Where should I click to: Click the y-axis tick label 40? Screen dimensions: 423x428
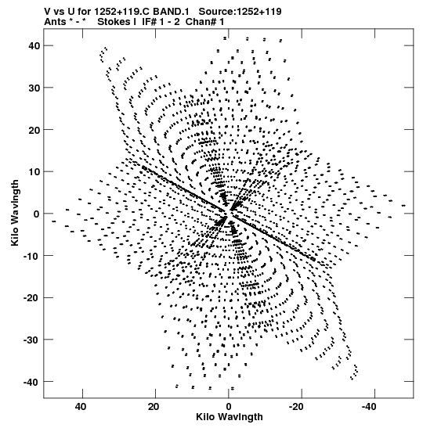pos(34,45)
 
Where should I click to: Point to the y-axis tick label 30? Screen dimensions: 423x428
pos(34,88)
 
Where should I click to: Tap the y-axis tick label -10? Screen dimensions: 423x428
pos(32,256)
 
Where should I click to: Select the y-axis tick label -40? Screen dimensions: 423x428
pos(32,382)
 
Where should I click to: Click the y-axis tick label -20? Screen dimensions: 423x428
pos(32,297)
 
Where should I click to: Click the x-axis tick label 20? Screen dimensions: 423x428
pos(154,407)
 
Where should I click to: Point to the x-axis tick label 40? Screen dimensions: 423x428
pos(81,407)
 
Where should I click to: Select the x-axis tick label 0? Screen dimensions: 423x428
pos(229,407)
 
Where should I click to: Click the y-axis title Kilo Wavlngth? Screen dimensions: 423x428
pos(15,213)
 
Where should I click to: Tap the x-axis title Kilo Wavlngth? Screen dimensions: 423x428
pos(230,417)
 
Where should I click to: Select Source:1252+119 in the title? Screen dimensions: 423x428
pos(240,12)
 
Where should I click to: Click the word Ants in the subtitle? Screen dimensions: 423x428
pos(55,22)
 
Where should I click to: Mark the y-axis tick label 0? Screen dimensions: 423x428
pos(37,214)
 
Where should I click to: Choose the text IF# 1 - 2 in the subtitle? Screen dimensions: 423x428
pos(161,22)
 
